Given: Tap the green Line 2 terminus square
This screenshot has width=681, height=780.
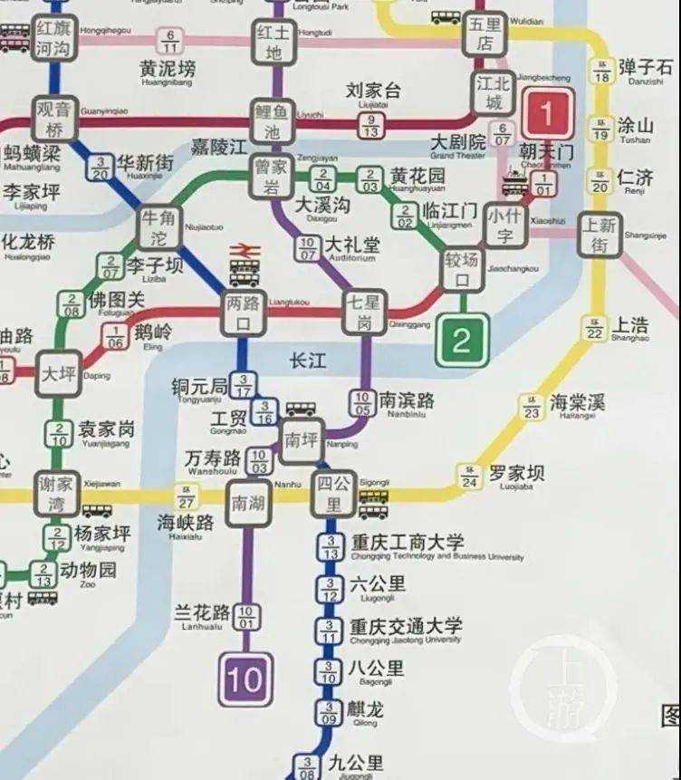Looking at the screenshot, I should point(462,341).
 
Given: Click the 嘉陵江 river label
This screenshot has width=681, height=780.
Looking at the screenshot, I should point(218,146).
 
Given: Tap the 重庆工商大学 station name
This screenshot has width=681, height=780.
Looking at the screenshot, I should point(408,543).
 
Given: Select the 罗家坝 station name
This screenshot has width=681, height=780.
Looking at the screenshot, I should point(517,473).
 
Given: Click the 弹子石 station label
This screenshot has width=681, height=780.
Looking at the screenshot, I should point(646,67).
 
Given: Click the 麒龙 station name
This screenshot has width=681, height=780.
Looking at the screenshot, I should point(366,709).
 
